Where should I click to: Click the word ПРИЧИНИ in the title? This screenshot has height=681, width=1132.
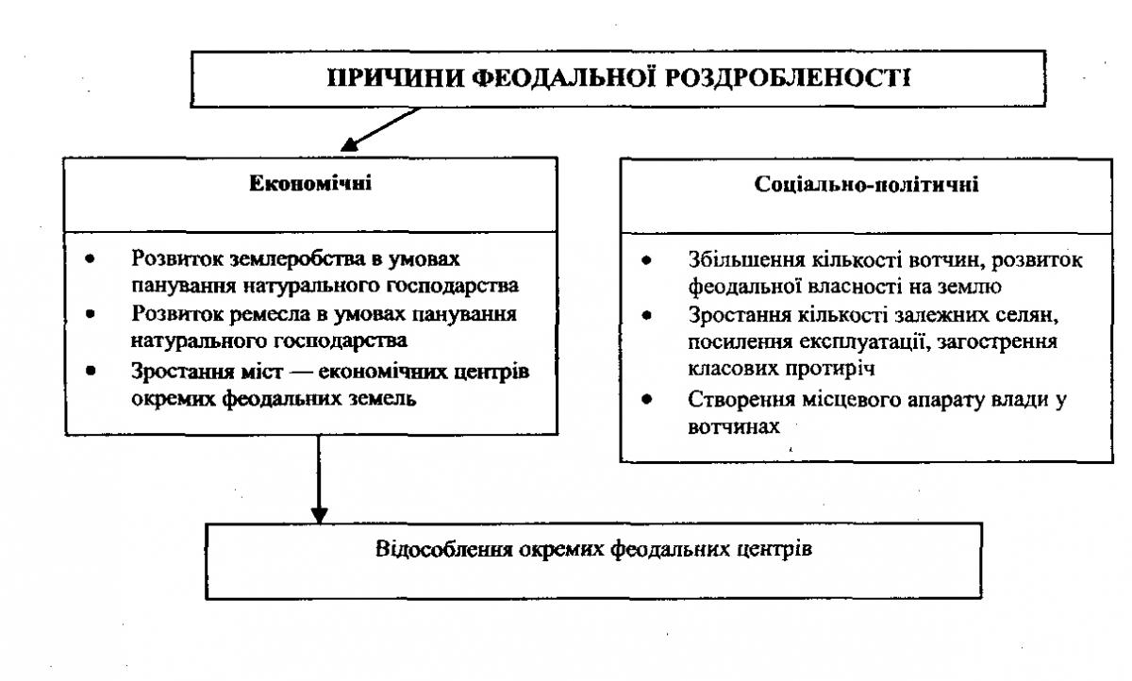point(395,78)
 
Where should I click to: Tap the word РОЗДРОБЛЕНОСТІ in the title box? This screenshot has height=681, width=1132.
point(788,78)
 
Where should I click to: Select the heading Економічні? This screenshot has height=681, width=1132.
point(310,183)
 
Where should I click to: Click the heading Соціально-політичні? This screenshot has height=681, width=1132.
point(866,184)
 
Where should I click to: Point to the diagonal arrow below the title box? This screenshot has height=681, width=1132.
point(380,129)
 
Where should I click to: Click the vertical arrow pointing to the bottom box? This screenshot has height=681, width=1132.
point(319,479)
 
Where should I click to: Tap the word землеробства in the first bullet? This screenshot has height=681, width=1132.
point(298,259)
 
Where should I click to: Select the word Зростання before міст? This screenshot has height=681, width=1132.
point(183,372)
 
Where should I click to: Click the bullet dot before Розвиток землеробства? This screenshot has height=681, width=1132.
point(90,259)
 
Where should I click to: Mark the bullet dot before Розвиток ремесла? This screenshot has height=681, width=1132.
point(91,314)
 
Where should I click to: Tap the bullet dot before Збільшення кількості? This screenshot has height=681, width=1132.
point(646,260)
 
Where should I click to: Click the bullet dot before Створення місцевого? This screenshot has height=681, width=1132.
point(646,399)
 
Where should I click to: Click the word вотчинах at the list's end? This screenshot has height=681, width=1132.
point(734,427)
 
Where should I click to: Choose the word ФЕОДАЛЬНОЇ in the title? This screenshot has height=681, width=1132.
point(565,78)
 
